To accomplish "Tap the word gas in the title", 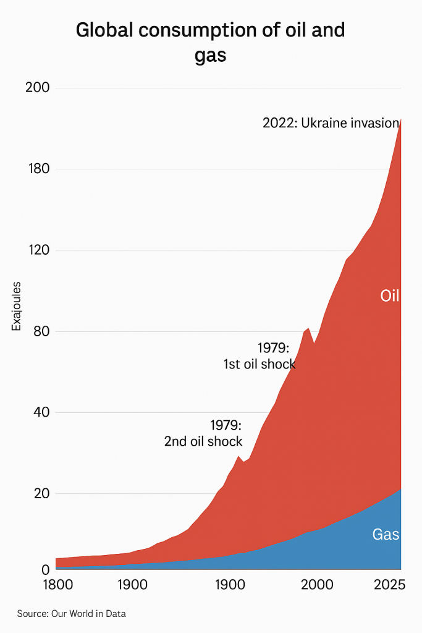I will point(210,55).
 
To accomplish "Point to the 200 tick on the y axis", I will point(38,87).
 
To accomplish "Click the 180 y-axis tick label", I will point(38,169).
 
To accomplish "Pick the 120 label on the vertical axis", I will point(38,250).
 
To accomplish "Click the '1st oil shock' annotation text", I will point(260,364).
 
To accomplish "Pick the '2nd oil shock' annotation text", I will point(203,441).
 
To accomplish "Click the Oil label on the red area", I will point(390,296).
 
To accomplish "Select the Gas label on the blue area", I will point(386,535).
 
